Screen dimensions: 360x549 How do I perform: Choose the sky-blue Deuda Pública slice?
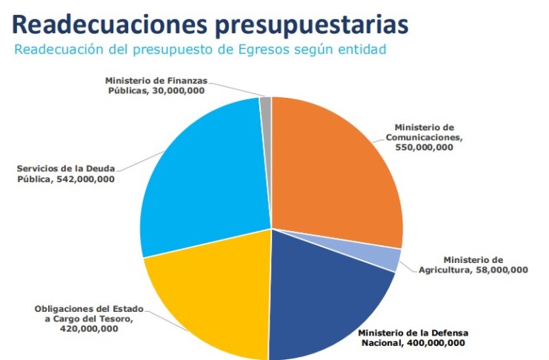point(204,181)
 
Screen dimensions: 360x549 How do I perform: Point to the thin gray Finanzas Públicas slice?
point(266,104)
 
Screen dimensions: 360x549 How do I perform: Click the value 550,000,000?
point(424,147)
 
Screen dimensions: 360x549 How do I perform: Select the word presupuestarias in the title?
point(313,24)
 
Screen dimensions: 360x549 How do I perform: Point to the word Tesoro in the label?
point(115,319)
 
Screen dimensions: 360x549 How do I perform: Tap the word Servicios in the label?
point(36,170)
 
